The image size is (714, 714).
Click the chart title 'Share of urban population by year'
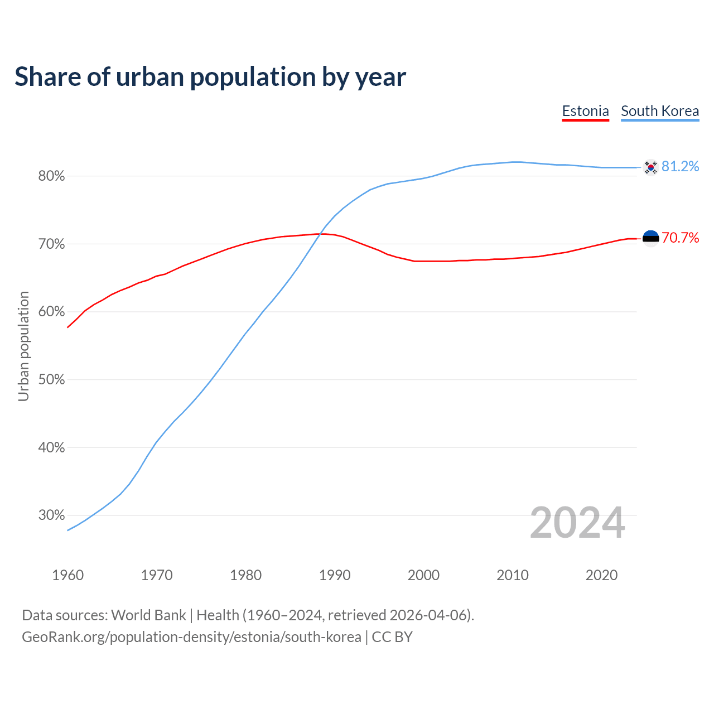(x=210, y=77)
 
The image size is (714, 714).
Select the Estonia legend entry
(x=585, y=111)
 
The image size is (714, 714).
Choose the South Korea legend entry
(x=660, y=111)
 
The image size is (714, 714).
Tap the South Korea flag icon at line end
(x=650, y=167)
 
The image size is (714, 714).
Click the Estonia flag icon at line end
(x=650, y=238)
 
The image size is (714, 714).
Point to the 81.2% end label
(x=680, y=167)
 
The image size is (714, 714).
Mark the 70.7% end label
(x=680, y=238)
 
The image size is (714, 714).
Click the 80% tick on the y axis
(x=52, y=176)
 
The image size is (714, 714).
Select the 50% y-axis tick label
(x=52, y=380)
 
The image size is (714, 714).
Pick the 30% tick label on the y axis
(x=52, y=515)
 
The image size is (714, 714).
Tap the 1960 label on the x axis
(x=67, y=575)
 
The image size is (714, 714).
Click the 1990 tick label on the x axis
(x=335, y=575)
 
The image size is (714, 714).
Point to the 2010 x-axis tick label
(x=513, y=575)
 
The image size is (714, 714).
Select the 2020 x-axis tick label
(x=601, y=575)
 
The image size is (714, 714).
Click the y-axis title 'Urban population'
(x=23, y=346)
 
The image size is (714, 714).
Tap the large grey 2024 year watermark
(x=577, y=523)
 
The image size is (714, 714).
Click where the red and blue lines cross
(x=319, y=234)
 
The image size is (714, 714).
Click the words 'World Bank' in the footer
(x=148, y=615)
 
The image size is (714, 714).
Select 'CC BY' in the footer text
(x=392, y=637)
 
